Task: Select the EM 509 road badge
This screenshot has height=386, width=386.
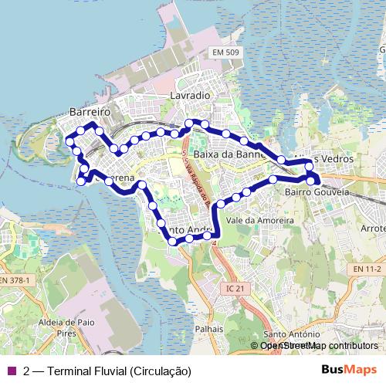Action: click(225, 52)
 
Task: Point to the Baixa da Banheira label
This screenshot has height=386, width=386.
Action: click(229, 154)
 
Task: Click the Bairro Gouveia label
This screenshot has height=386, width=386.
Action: click(317, 191)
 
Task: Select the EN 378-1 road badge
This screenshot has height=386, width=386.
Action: click(15, 279)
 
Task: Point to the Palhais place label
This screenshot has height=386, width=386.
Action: click(209, 328)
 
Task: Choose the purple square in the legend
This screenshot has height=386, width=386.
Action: click(12, 371)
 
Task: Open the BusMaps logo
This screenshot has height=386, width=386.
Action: click(348, 370)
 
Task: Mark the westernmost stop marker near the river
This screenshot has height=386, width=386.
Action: click(70, 141)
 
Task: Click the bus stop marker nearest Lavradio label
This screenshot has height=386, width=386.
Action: click(189, 124)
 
